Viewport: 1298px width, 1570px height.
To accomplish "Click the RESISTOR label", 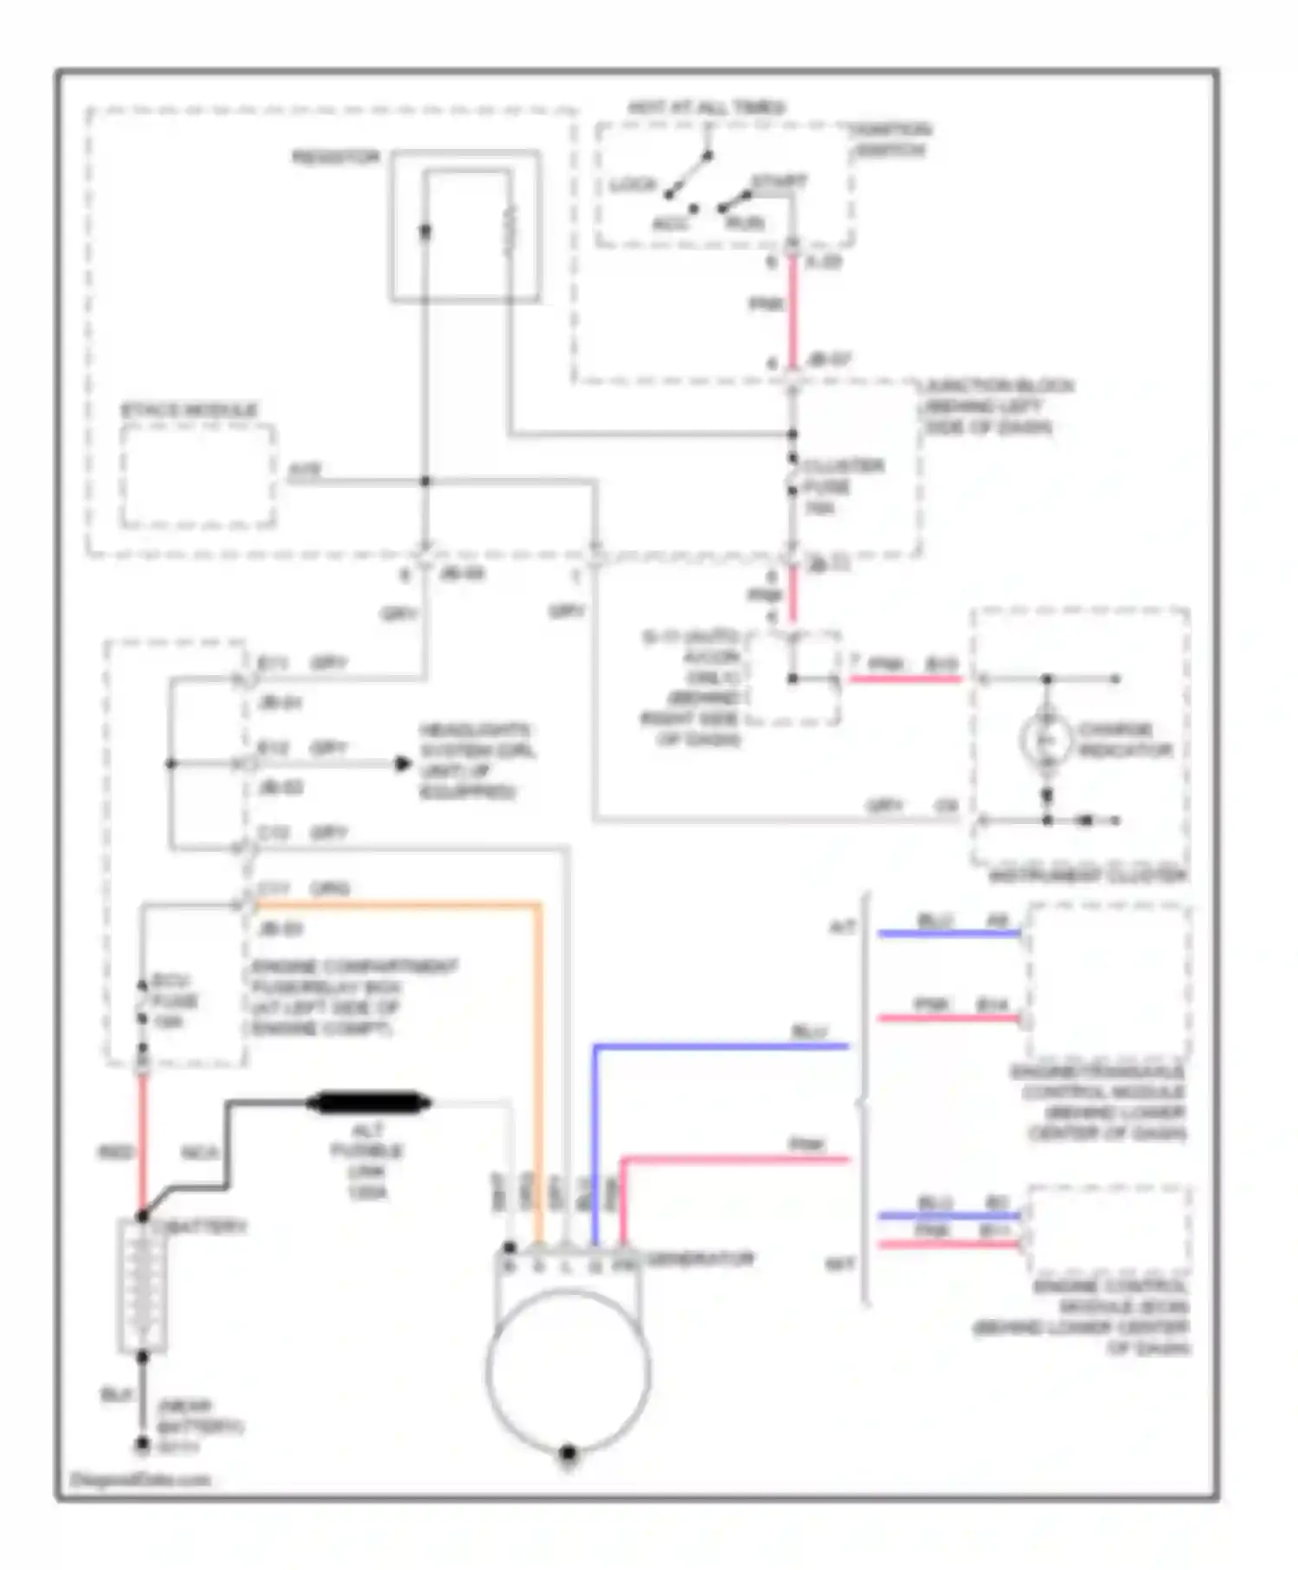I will click(336, 158).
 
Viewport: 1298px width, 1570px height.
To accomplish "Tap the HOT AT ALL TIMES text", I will click(706, 108).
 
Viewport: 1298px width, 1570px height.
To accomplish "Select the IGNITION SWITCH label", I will click(889, 140).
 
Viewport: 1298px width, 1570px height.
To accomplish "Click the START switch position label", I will click(779, 183).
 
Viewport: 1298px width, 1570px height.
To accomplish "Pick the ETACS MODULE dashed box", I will click(198, 475).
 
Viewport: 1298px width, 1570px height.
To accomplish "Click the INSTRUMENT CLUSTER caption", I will click(1088, 876).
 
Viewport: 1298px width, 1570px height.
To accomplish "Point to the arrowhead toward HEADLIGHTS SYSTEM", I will click(402, 763).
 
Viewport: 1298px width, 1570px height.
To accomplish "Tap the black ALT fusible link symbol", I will click(369, 1103).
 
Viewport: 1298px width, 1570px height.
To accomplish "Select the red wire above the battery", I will click(143, 1142).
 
